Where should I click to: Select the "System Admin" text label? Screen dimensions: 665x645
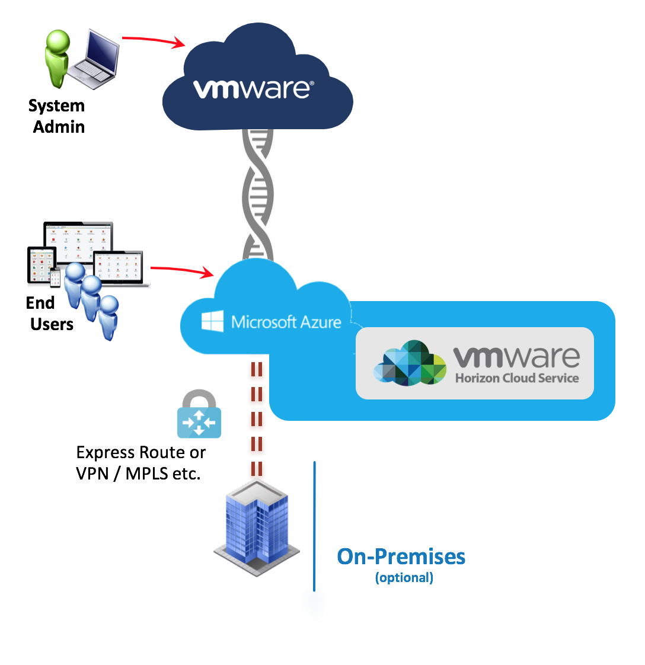[58, 116]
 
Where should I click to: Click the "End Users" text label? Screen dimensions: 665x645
[51, 314]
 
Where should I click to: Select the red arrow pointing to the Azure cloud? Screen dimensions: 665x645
[181, 270]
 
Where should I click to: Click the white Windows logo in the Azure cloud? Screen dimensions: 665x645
[212, 322]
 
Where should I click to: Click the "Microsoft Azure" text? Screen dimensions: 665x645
[286, 322]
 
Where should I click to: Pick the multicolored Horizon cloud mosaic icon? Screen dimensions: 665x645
[410, 363]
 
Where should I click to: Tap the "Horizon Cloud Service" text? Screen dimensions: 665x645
[517, 378]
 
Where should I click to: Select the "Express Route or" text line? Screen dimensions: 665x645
[141, 453]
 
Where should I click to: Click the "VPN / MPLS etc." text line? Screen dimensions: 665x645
[138, 474]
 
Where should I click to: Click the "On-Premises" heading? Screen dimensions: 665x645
[401, 557]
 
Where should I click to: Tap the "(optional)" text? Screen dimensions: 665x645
[404, 578]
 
